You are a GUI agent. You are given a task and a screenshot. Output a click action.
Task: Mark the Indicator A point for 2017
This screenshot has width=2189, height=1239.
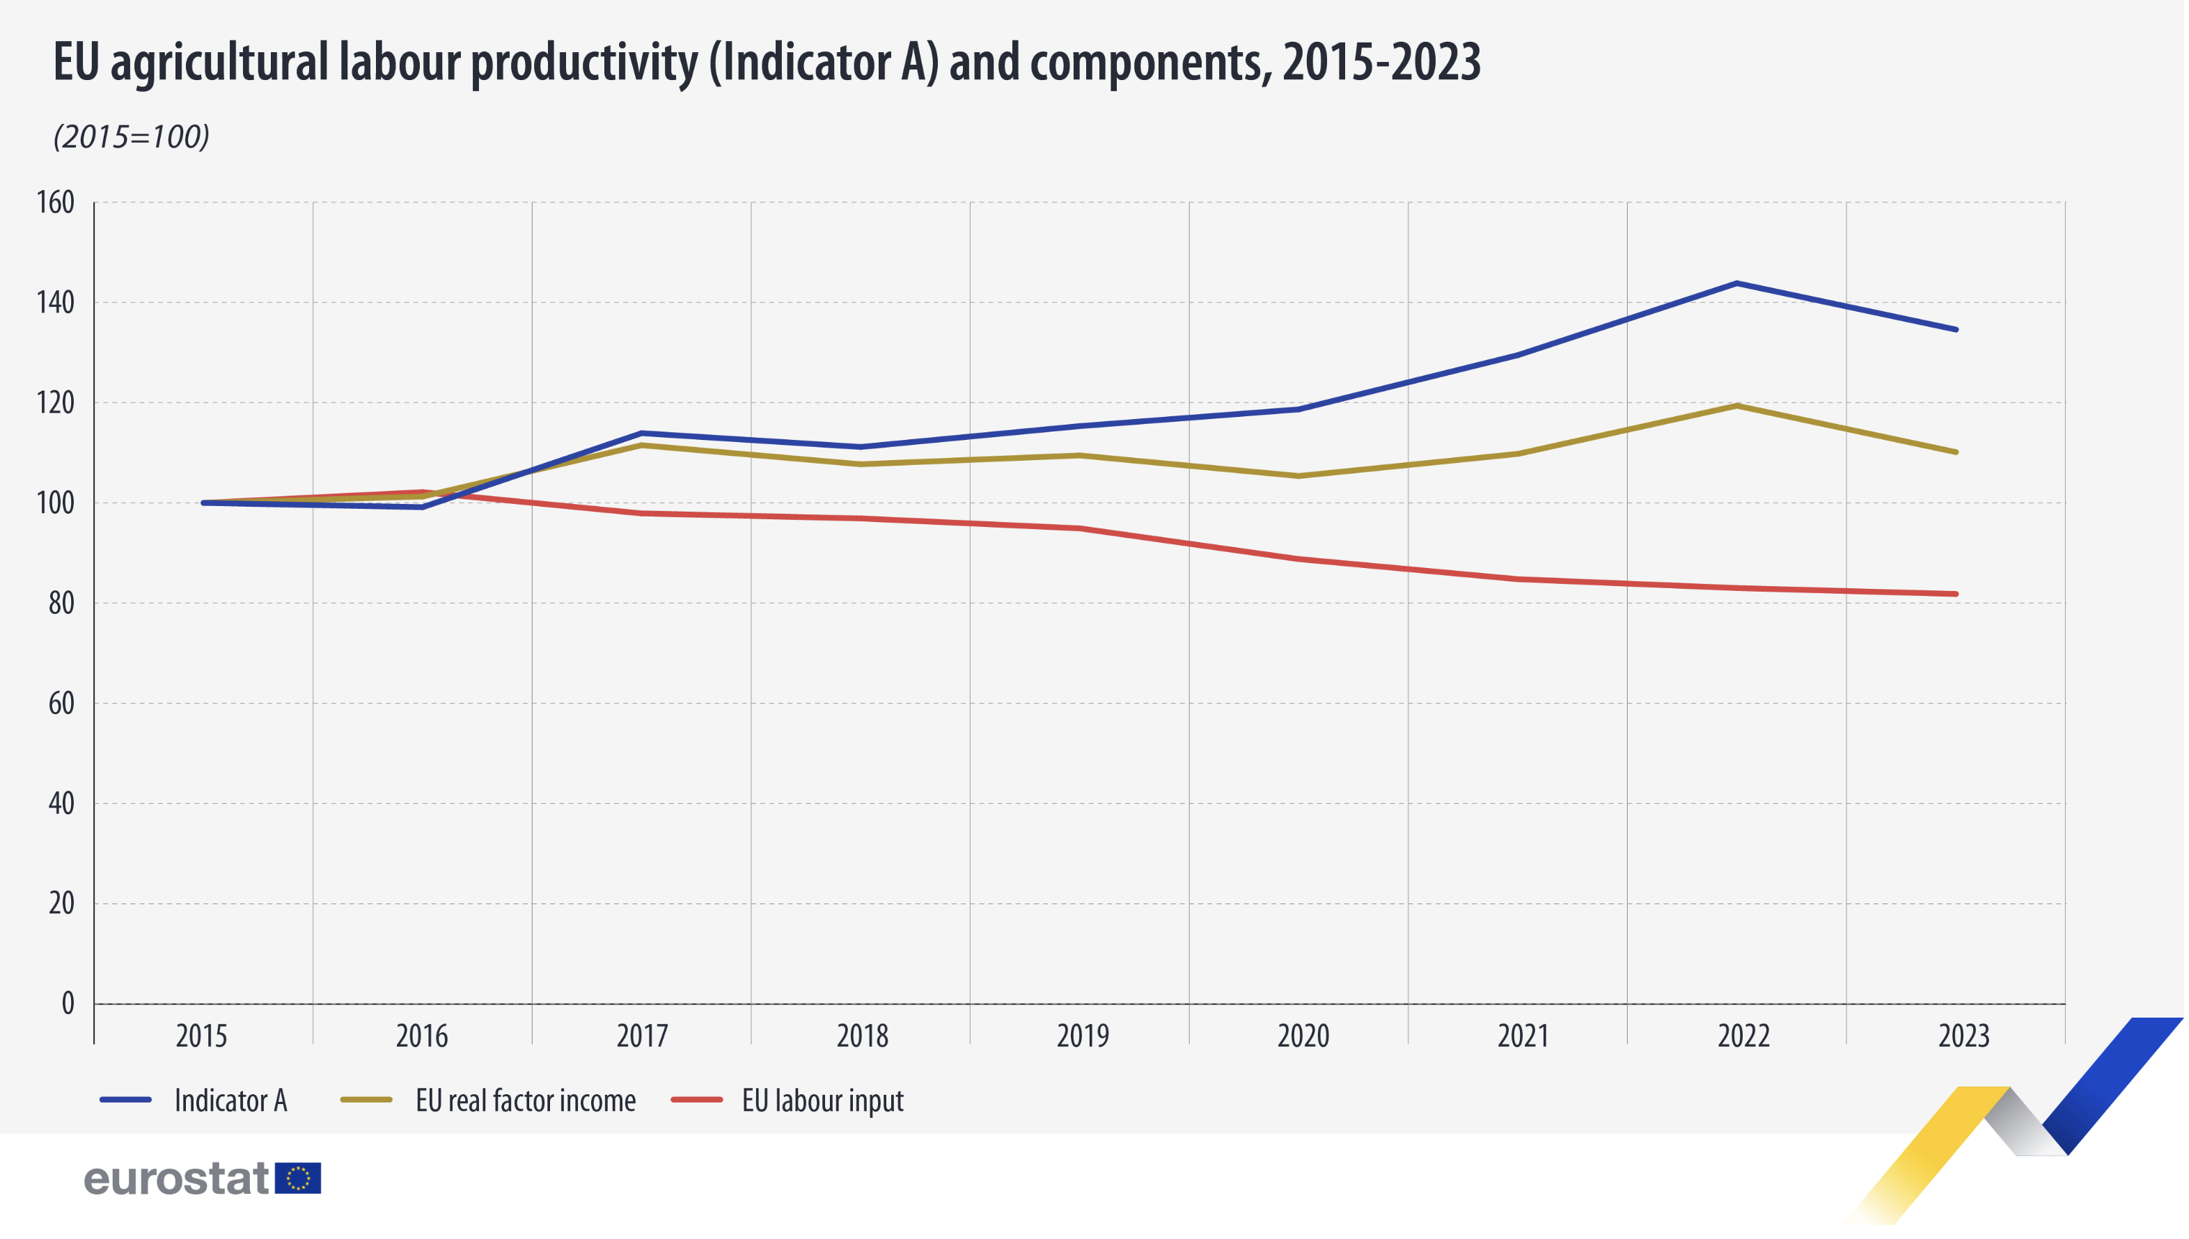coord(642,433)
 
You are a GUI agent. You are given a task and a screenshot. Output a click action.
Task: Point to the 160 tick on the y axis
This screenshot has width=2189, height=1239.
coord(55,203)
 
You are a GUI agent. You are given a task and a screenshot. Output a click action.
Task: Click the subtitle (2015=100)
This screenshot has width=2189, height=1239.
coord(131,137)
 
